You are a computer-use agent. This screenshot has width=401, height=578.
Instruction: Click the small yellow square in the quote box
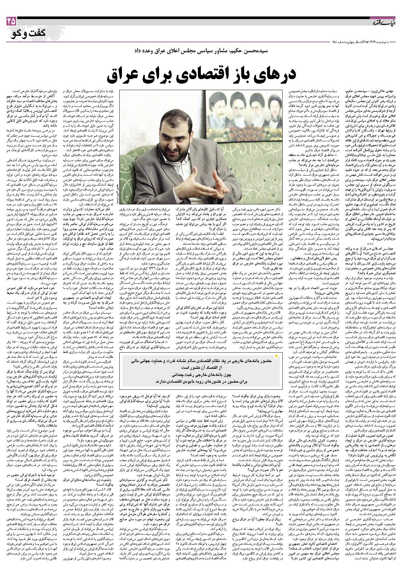click(x=276, y=356)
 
